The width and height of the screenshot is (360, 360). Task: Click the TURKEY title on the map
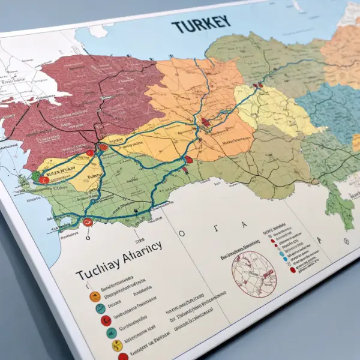200,25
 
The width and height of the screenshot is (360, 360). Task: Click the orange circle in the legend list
94,296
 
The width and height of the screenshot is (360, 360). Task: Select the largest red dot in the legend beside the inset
292,271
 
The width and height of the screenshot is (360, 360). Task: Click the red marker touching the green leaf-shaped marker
44,179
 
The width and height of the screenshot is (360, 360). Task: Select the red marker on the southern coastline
88,222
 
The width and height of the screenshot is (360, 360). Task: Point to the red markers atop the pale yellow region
259,86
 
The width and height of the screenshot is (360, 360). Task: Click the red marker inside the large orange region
206,122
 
